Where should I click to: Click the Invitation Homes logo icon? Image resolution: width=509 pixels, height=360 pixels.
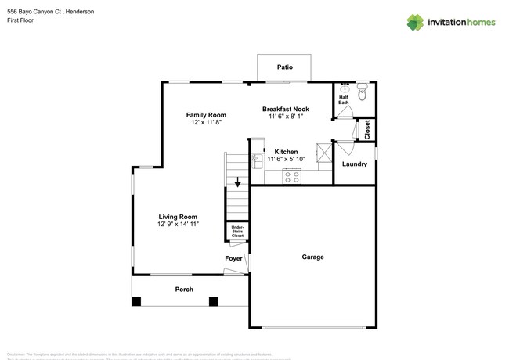pyautogui.click(x=416, y=22)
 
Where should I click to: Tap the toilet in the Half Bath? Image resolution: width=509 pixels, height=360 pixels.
pyautogui.click(x=362, y=95)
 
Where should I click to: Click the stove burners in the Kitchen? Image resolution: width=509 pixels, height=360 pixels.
pyautogui.click(x=291, y=178)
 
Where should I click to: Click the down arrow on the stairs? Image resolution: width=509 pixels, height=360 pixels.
pyautogui.click(x=238, y=184)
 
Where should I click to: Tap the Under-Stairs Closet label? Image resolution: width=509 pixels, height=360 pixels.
pyautogui.click(x=237, y=232)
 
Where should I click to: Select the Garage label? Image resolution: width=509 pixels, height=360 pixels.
pyautogui.click(x=312, y=257)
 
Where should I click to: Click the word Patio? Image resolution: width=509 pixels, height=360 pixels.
pyautogui.click(x=285, y=67)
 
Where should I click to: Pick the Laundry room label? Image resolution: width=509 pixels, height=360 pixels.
pyautogui.click(x=355, y=164)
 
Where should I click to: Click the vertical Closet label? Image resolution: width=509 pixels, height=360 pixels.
pyautogui.click(x=367, y=130)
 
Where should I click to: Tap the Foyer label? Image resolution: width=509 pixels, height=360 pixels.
pyautogui.click(x=233, y=258)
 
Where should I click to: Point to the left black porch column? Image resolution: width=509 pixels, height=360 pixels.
pyautogui.click(x=137, y=301)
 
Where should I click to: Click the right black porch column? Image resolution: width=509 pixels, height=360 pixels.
pyautogui.click(x=212, y=301)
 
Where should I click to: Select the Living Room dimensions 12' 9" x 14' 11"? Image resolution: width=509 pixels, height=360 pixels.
pyautogui.click(x=178, y=225)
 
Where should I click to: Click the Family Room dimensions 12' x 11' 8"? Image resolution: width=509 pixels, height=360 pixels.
pyautogui.click(x=206, y=123)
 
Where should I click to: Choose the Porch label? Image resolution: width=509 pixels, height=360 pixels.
pyautogui.click(x=184, y=290)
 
